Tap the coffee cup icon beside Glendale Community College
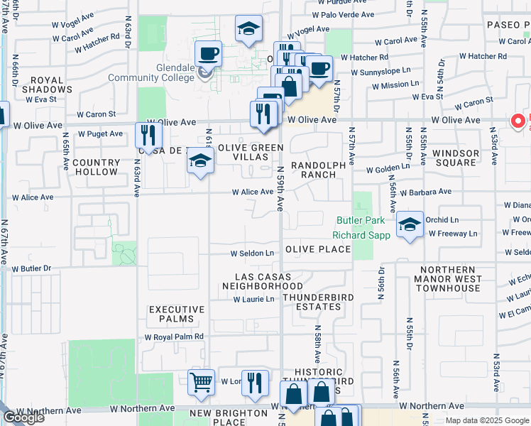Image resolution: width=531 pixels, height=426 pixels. pos(209,54)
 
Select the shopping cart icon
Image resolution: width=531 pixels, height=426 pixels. pos(202,382)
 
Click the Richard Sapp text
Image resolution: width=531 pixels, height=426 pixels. pos(361,235)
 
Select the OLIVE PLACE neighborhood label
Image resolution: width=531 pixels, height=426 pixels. pos(318,249)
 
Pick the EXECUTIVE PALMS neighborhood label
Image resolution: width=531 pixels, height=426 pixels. pos(177,314)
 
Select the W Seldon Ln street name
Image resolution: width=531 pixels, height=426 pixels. pos(251,253)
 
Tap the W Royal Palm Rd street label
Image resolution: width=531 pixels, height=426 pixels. pos(179,337)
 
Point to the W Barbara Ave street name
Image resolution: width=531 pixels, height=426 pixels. pos(425,192)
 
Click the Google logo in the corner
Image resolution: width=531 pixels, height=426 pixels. pos(23,417)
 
